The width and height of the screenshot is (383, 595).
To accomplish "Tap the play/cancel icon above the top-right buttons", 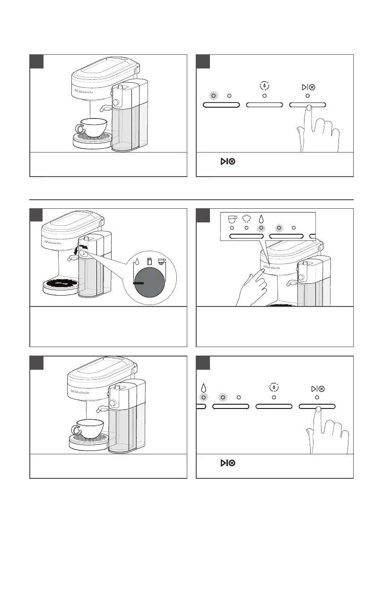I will (x=308, y=87).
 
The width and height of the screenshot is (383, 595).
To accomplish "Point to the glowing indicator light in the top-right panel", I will (x=214, y=96).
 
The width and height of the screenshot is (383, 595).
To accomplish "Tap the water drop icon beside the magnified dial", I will (x=138, y=260).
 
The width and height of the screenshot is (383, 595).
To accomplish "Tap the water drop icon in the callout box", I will (x=261, y=219).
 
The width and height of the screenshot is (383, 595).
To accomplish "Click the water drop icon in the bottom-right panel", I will (x=204, y=388).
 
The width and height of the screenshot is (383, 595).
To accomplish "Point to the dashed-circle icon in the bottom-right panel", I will (x=274, y=388).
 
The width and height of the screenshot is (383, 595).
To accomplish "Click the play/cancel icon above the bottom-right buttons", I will (x=318, y=389).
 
